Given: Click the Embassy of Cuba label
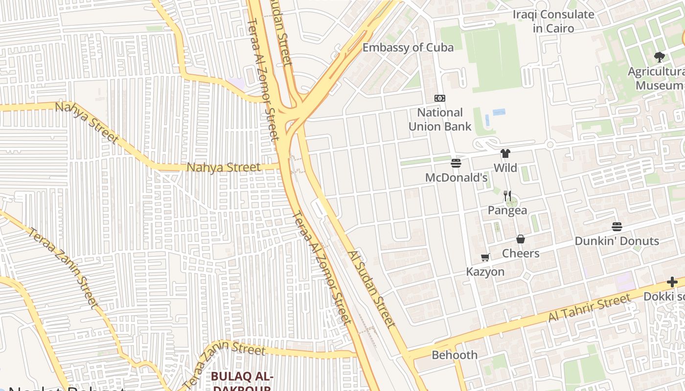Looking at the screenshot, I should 408,47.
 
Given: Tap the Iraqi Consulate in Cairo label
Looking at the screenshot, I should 553,21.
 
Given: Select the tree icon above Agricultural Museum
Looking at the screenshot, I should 659,57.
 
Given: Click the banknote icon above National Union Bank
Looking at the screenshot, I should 440,98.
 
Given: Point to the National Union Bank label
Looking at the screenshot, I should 440,119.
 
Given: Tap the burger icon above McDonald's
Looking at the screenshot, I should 456,163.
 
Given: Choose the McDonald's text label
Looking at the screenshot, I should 456,177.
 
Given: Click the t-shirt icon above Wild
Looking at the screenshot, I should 505,154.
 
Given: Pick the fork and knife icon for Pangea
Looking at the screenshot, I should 507,196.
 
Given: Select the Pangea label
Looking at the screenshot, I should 507,210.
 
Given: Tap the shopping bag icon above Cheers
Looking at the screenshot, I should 521,239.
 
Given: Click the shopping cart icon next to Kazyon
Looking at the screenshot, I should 485,258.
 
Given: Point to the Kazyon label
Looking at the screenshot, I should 485,272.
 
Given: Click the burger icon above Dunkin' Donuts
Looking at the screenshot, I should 616,227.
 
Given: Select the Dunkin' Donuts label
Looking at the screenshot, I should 616,241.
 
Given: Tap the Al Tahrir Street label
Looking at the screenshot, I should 589,308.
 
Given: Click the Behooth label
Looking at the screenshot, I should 455,355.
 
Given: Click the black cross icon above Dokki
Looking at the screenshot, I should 672,282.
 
